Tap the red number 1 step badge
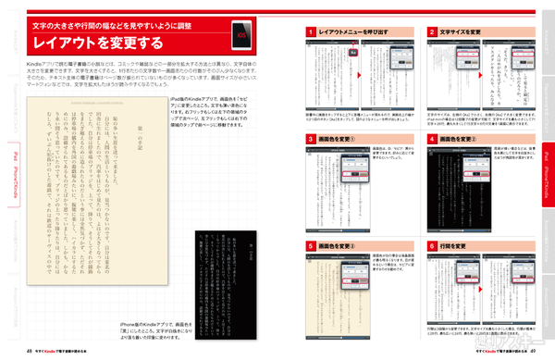309,32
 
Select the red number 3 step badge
309,139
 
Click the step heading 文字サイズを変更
462,32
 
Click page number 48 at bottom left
31,353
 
